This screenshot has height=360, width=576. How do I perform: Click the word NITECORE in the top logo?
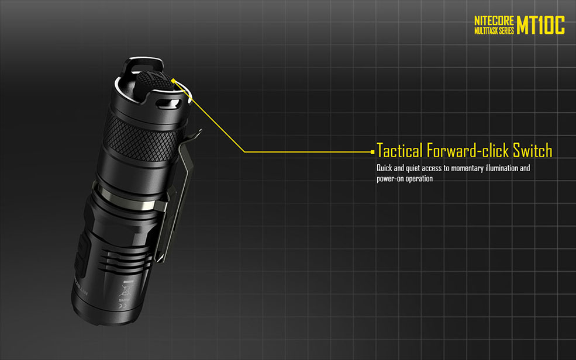[x=494, y=21]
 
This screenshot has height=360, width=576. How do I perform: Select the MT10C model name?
[x=541, y=25]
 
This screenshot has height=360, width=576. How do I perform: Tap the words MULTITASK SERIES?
[x=494, y=31]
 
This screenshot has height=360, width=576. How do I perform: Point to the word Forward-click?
[x=468, y=151]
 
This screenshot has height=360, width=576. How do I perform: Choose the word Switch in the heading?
[x=533, y=151]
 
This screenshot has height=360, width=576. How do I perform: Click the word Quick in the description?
[x=384, y=168]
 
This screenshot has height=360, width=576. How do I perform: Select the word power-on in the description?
[x=389, y=179]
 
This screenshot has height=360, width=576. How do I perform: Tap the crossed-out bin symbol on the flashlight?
[x=125, y=290]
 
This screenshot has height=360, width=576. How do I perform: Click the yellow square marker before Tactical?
[x=372, y=151]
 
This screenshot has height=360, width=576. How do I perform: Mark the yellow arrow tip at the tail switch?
[x=173, y=81]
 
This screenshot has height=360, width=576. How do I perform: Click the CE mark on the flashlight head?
[x=123, y=306]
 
